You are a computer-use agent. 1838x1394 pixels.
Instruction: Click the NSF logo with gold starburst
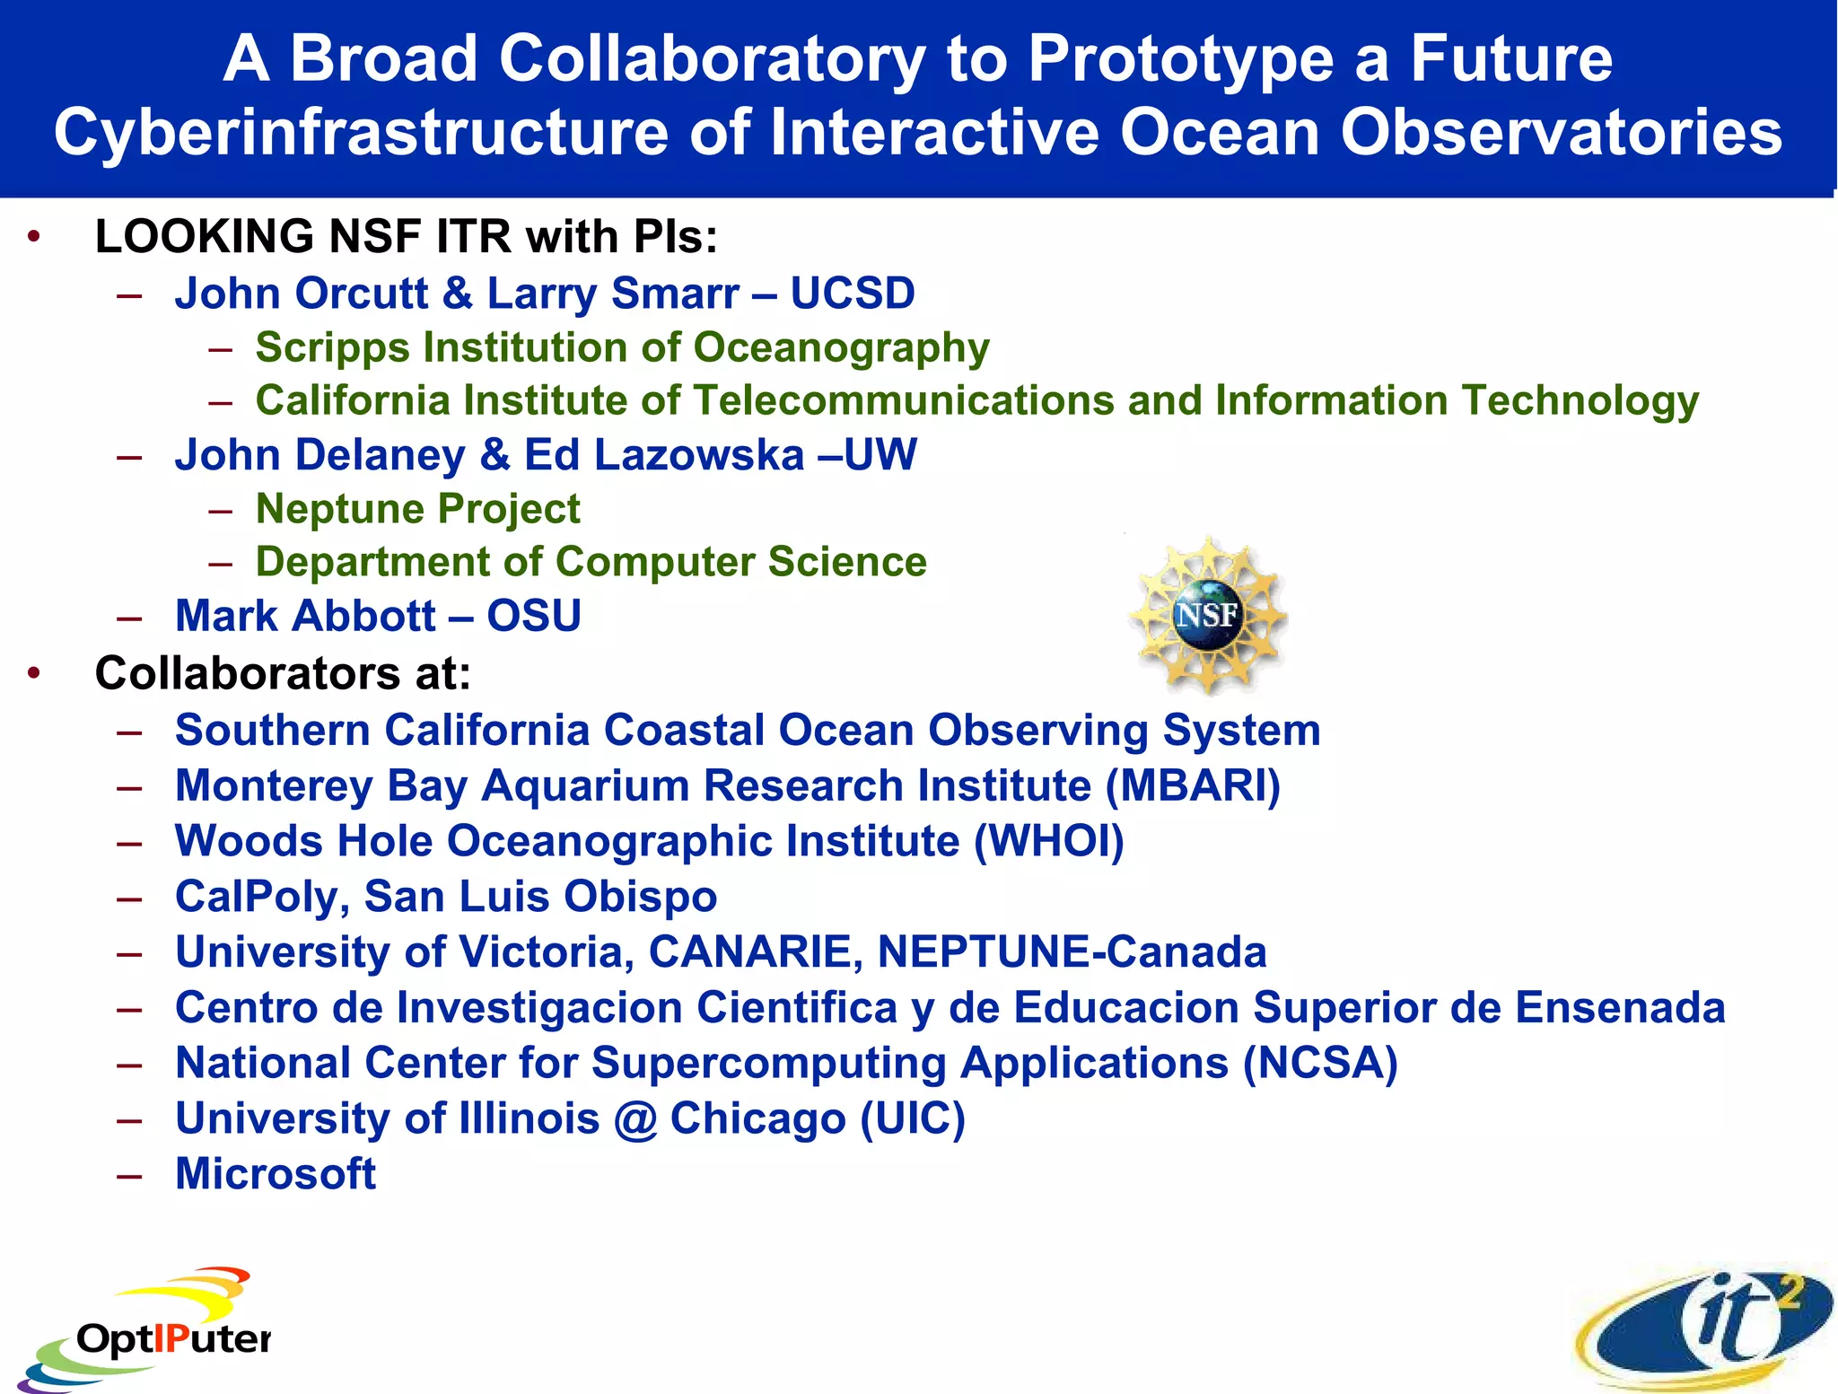pyautogui.click(x=1207, y=615)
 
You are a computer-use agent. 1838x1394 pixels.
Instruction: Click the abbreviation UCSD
pyautogui.click(x=853, y=294)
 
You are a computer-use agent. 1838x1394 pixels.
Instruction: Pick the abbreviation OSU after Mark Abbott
pyautogui.click(x=534, y=616)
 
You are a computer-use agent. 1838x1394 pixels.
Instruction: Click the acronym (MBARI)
pyautogui.click(x=1193, y=785)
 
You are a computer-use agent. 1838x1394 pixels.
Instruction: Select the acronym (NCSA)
pyautogui.click(x=1320, y=1063)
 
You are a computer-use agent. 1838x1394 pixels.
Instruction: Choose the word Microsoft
pyautogui.click(x=276, y=1174)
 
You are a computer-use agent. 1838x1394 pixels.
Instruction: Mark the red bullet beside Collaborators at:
pyautogui.click(x=34, y=673)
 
